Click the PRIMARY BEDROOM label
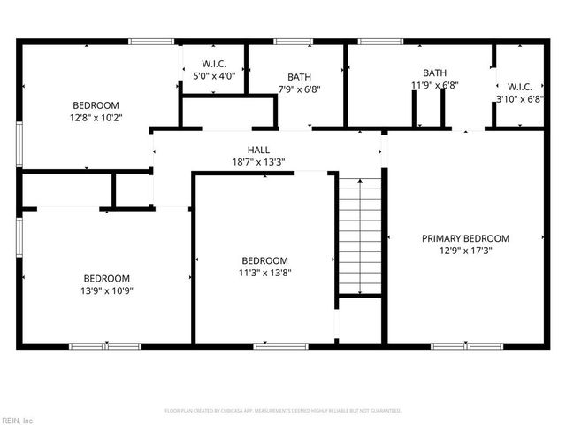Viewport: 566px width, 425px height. pyautogui.click(x=465, y=238)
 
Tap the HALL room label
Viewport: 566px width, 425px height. pyautogui.click(x=258, y=151)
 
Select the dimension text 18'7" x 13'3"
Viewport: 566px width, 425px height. pyautogui.click(x=258, y=162)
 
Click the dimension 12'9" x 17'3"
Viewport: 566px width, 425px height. pyautogui.click(x=465, y=251)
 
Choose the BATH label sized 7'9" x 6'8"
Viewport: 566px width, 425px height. pyautogui.click(x=299, y=77)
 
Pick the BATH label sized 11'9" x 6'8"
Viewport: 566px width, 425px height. pyautogui.click(x=434, y=73)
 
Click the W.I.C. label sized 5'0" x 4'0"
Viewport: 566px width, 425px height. pyautogui.click(x=214, y=64)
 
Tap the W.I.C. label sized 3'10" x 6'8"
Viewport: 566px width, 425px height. pyautogui.click(x=520, y=87)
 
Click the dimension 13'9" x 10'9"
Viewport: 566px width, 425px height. pyautogui.click(x=107, y=290)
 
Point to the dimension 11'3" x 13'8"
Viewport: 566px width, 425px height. pyautogui.click(x=265, y=273)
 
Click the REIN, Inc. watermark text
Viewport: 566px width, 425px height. pyautogui.click(x=18, y=420)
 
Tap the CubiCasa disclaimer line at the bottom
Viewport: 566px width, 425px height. pyautogui.click(x=283, y=411)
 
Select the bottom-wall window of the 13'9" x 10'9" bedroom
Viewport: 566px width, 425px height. pyautogui.click(x=93, y=345)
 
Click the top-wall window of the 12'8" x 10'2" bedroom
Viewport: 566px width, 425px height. pyautogui.click(x=151, y=41)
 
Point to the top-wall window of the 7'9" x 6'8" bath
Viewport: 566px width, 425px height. pyautogui.click(x=293, y=41)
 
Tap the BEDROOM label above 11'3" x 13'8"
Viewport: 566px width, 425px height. pyautogui.click(x=265, y=260)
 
